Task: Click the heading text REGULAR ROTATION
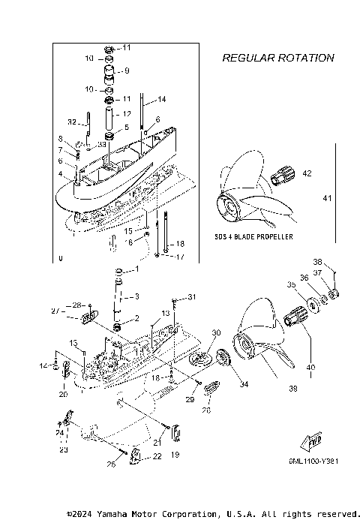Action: coord(278,58)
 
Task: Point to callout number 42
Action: coord(307,173)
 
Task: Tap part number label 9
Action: coord(127,71)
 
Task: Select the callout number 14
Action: coord(162,99)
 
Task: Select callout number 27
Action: coord(75,310)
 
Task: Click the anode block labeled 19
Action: coord(177,433)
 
